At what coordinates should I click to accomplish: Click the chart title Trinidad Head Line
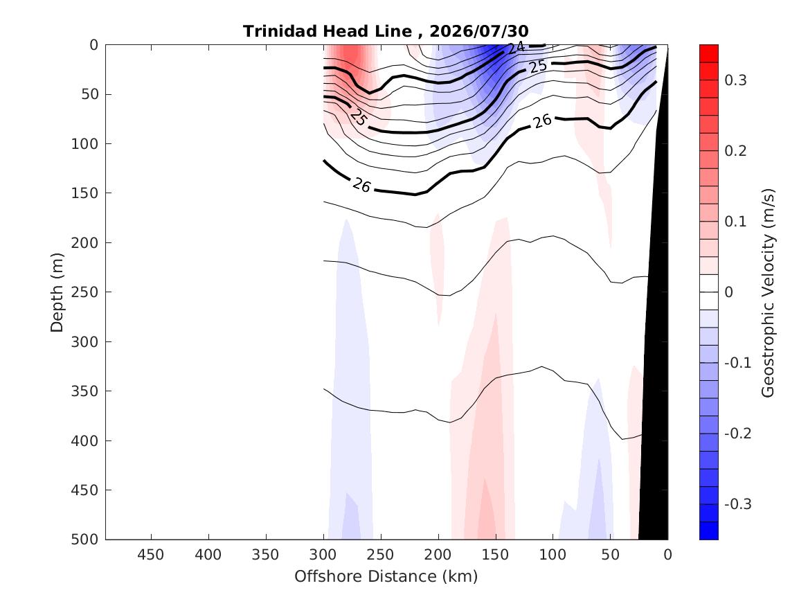click(x=327, y=31)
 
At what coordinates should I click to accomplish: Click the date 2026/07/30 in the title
click(x=478, y=31)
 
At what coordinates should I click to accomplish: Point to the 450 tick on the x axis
click(x=151, y=555)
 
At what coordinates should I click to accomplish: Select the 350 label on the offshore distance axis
click(x=266, y=555)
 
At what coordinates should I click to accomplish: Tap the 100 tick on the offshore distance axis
click(x=553, y=555)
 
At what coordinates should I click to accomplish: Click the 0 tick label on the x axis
click(x=668, y=555)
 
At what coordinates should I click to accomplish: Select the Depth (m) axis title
click(x=57, y=292)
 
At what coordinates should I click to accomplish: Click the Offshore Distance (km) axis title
click(x=386, y=576)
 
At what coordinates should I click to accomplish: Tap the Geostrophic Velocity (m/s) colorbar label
click(x=768, y=293)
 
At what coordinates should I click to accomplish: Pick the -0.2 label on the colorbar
click(x=738, y=434)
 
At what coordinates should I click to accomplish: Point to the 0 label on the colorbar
click(x=728, y=292)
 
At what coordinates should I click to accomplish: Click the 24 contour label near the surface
click(x=516, y=48)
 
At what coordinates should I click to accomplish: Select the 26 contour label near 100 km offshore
click(x=542, y=122)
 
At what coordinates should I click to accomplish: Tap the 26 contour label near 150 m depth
click(x=361, y=185)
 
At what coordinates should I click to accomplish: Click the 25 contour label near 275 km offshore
click(x=358, y=117)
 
